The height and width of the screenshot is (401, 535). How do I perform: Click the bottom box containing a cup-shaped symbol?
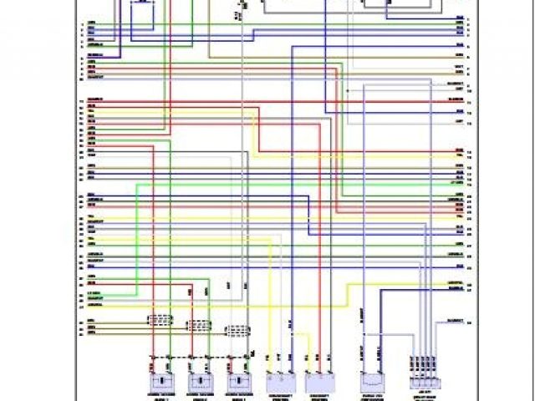point(370,381)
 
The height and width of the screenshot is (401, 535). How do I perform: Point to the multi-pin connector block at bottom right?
point(421,368)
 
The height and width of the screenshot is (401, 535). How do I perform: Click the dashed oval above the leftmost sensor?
point(160,318)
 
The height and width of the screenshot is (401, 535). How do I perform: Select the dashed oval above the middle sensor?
point(199,325)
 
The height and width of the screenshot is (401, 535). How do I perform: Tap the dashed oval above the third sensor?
point(239,331)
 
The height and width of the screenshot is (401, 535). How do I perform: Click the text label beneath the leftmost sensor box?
point(160,393)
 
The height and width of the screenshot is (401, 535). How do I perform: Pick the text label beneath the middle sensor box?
point(201,393)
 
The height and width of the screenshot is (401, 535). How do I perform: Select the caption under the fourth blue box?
point(281,394)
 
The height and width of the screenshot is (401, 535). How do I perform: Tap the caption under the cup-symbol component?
point(370,394)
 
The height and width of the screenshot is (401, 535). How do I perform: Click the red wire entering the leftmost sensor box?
point(152,351)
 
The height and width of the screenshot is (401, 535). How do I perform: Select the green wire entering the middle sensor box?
point(209,351)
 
